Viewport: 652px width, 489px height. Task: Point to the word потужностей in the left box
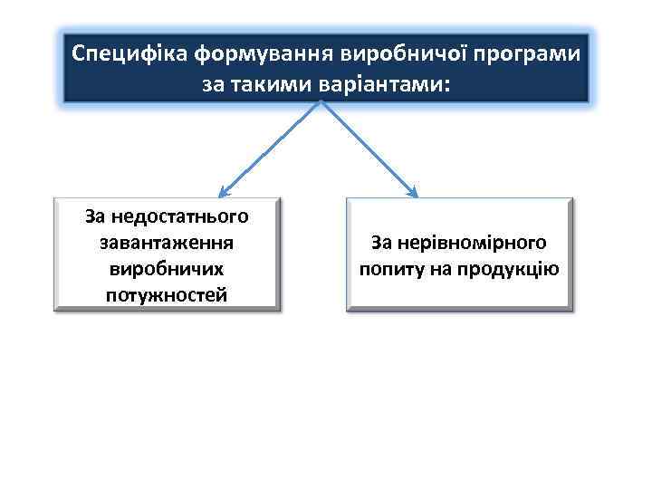(167, 295)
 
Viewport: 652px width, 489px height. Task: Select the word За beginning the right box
(382, 243)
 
